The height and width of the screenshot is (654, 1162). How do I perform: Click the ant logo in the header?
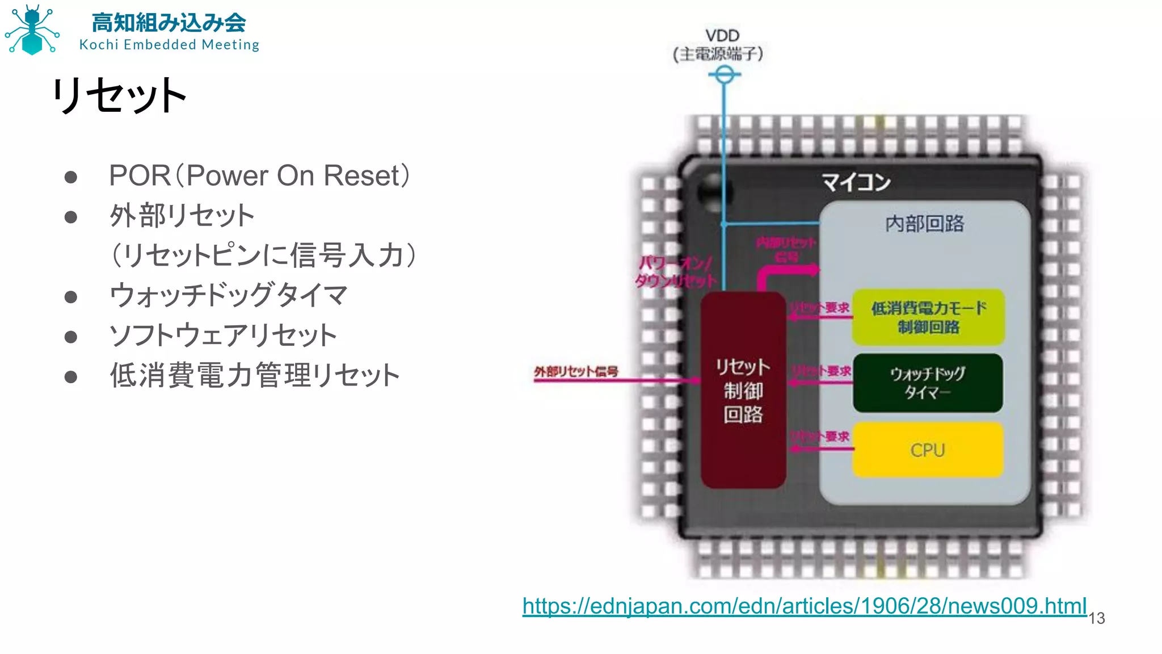(x=32, y=30)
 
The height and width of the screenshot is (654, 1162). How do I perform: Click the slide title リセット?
(x=119, y=95)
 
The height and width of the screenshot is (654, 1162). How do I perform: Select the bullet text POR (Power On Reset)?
(x=259, y=175)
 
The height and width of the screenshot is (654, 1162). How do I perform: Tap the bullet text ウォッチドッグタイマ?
(x=228, y=295)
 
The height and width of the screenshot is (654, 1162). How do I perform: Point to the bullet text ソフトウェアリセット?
(x=223, y=336)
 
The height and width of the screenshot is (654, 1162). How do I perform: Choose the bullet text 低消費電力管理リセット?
(x=255, y=375)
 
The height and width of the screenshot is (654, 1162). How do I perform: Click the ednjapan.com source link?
(x=804, y=606)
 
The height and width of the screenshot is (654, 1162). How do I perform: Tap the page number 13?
(x=1097, y=618)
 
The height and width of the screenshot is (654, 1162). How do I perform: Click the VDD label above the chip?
(x=722, y=36)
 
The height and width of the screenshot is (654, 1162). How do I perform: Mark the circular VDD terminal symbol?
(x=724, y=74)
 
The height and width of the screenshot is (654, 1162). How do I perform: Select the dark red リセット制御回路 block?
(x=743, y=391)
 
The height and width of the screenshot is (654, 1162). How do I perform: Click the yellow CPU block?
(x=928, y=450)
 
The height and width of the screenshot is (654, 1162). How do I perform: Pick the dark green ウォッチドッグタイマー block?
(x=928, y=383)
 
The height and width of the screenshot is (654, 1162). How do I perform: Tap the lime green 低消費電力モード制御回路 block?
(x=928, y=317)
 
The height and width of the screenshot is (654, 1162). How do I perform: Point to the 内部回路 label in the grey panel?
(x=925, y=224)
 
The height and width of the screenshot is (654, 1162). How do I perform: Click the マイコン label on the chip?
(x=856, y=182)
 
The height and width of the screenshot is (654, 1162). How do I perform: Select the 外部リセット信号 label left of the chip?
(x=576, y=371)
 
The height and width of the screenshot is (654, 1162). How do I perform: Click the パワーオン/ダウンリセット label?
(x=675, y=272)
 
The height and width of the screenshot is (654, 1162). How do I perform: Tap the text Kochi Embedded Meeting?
(x=169, y=45)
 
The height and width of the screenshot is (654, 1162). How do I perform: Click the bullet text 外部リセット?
(x=182, y=216)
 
